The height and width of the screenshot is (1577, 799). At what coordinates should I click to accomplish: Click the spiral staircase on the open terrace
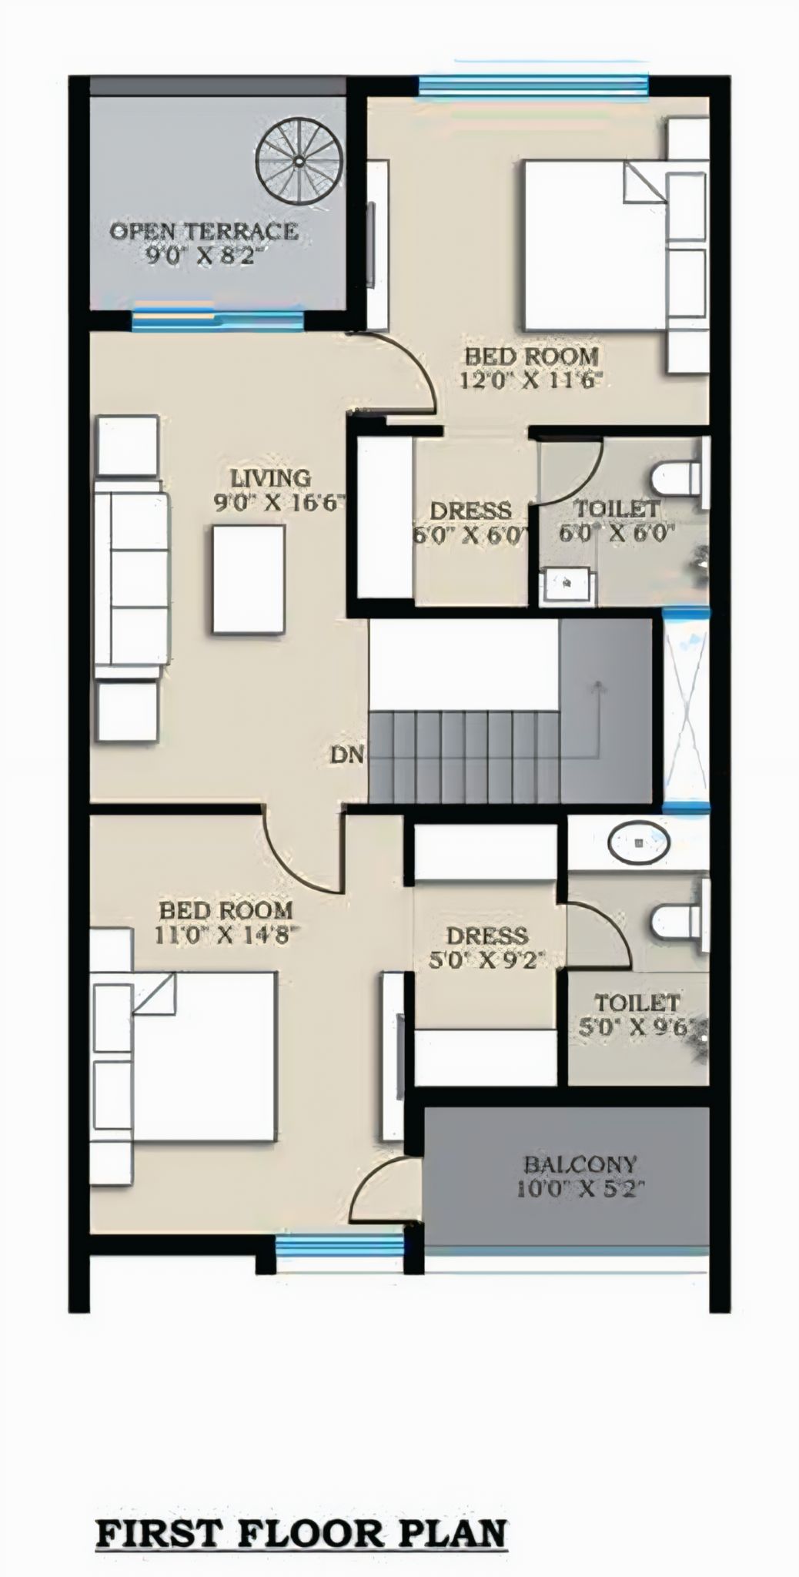pos(296,163)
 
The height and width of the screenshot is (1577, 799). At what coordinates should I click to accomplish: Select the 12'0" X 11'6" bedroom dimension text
pos(530,380)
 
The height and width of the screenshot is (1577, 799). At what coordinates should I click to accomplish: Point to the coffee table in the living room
pos(249,579)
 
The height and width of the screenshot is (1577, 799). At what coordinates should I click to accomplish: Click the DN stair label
pos(346,755)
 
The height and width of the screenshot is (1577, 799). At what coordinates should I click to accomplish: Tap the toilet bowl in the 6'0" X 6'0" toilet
pos(671,480)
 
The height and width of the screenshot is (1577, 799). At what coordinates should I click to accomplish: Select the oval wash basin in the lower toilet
pos(638,844)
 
